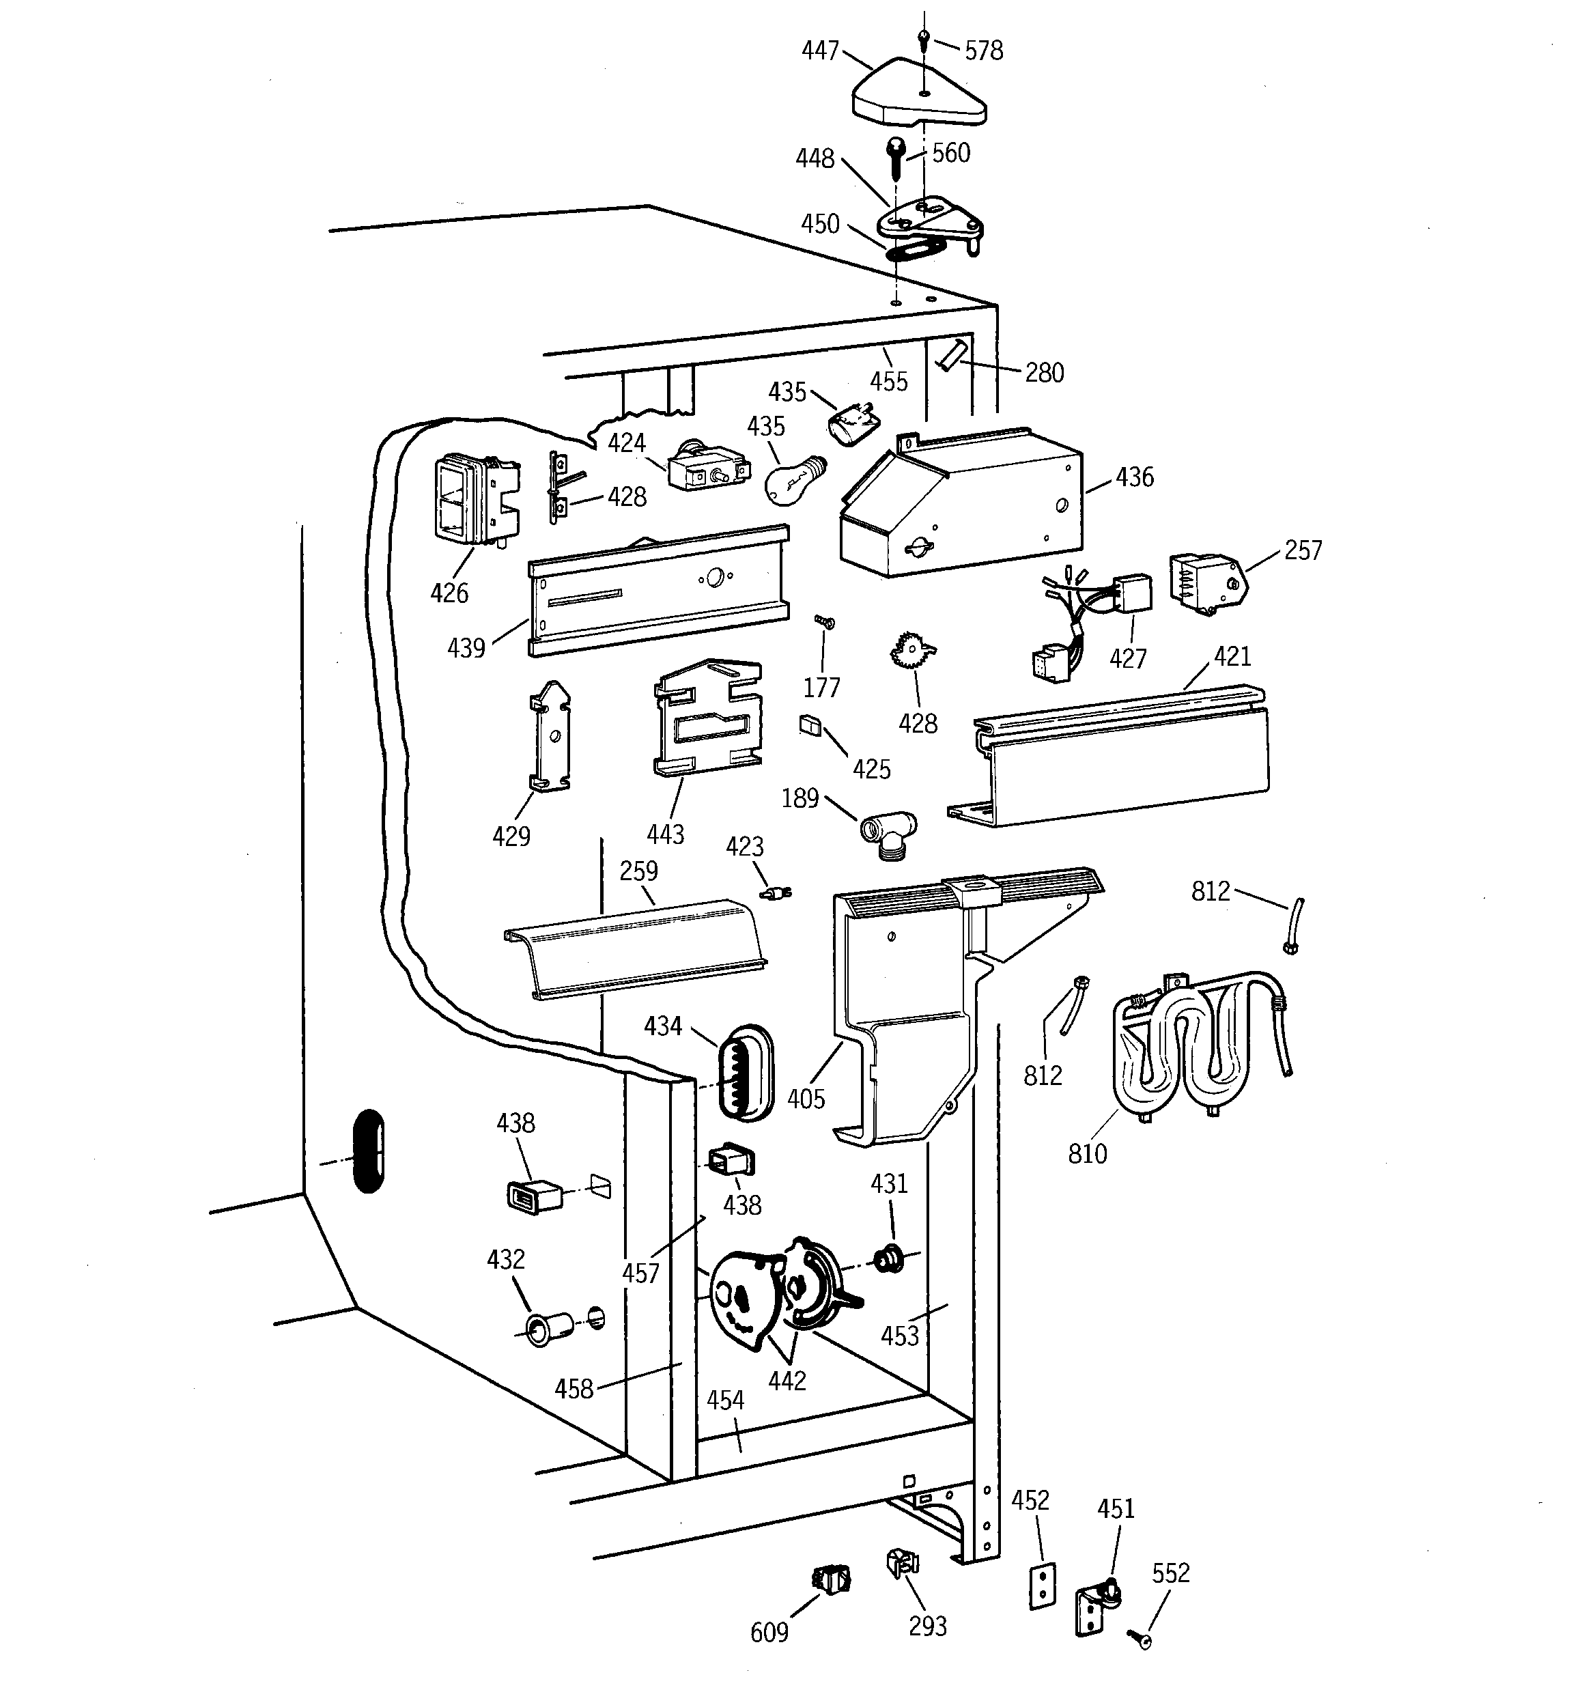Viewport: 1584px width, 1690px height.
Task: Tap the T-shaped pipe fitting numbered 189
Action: pos(887,830)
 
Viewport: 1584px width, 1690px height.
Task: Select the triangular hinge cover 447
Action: pos(918,98)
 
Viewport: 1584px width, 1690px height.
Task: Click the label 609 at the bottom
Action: pos(769,1632)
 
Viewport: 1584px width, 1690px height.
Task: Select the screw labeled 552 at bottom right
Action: pos(1140,1635)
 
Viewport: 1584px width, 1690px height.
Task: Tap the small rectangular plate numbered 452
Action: pos(1043,1585)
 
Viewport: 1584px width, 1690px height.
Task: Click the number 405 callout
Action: pos(805,1099)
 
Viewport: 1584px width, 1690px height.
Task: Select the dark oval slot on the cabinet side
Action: pos(368,1150)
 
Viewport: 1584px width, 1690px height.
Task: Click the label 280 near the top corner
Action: pos(1043,372)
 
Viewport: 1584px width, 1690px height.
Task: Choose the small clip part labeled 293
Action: pos(902,1562)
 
